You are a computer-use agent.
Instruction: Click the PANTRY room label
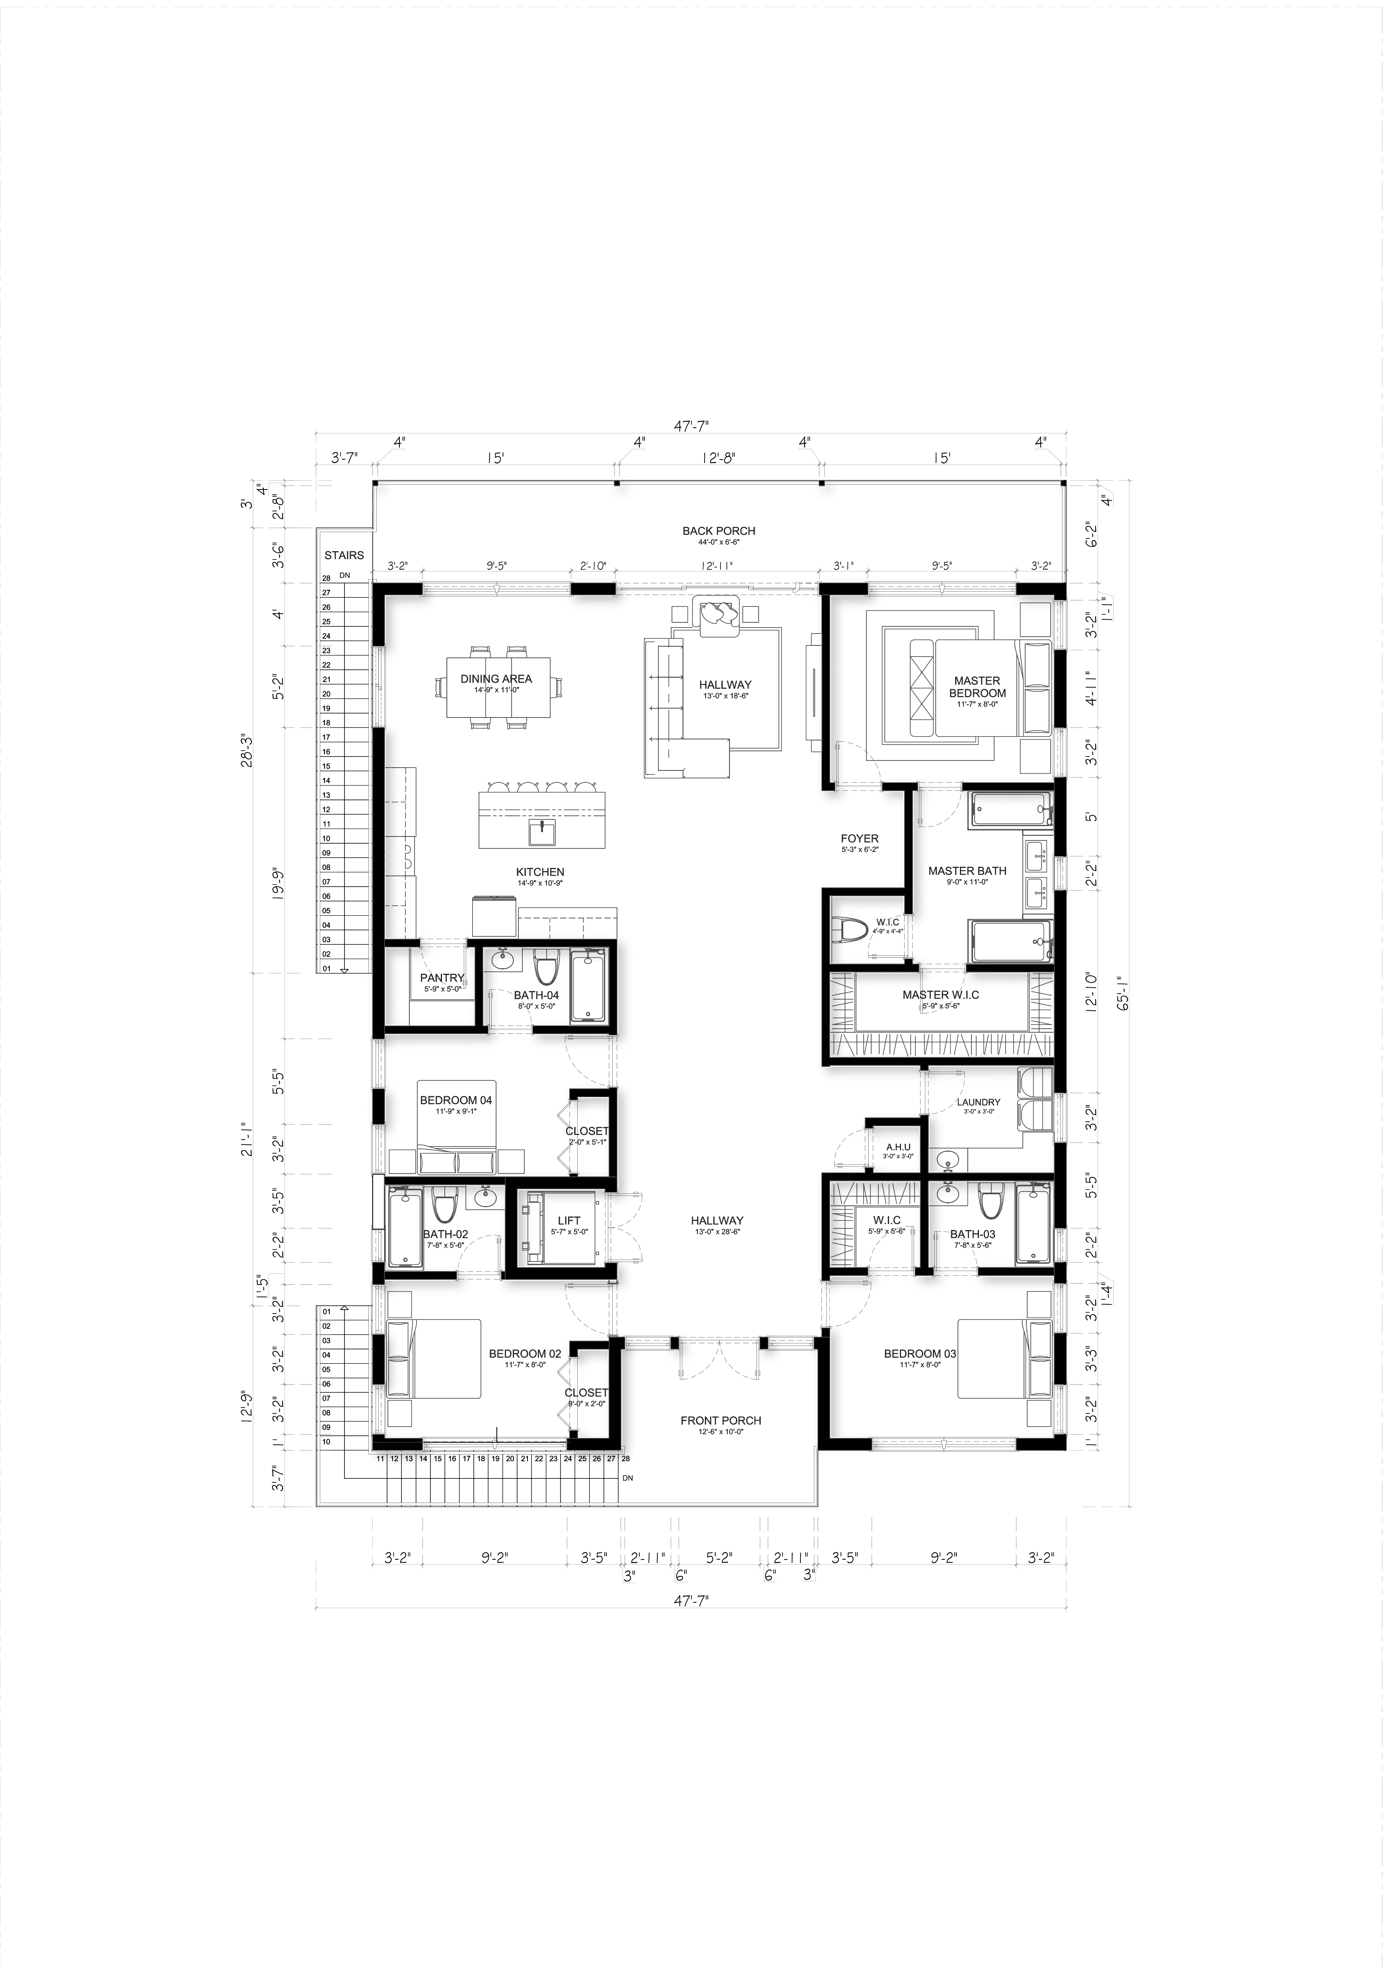(x=441, y=978)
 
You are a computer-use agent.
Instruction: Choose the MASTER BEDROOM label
(x=977, y=686)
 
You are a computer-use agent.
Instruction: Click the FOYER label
(x=859, y=839)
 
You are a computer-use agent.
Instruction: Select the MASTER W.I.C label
(x=940, y=994)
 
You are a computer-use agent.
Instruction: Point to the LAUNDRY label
(x=978, y=1102)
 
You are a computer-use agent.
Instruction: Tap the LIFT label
(x=568, y=1220)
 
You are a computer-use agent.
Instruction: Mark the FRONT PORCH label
(x=721, y=1420)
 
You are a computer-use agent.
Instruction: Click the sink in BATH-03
(x=948, y=1194)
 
